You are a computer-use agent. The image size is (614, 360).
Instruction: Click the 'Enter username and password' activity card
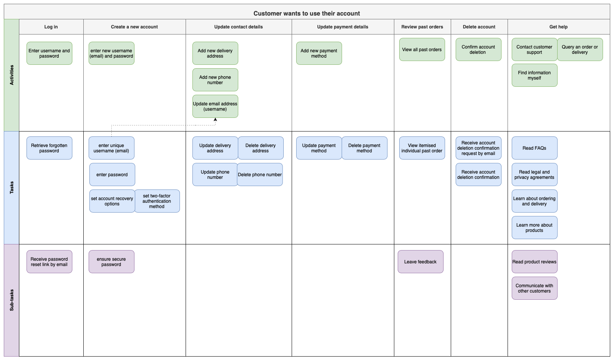click(x=49, y=53)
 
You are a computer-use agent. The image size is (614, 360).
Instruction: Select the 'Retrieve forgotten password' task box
click(x=49, y=148)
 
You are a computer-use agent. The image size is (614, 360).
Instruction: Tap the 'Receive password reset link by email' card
click(x=49, y=262)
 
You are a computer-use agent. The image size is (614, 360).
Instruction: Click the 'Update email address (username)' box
click(x=215, y=106)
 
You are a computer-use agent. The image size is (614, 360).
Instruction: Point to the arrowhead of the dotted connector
click(x=215, y=119)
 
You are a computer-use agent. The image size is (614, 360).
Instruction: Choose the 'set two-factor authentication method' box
click(x=157, y=201)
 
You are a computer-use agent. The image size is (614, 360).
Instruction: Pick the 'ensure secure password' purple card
click(x=111, y=262)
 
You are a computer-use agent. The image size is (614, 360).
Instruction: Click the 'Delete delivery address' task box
click(x=261, y=148)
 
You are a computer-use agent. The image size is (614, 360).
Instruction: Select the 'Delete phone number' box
click(x=260, y=175)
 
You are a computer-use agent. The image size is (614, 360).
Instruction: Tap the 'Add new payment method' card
click(x=319, y=53)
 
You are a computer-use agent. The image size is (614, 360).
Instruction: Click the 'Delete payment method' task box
click(x=364, y=148)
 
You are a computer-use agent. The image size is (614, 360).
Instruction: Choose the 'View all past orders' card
click(x=422, y=50)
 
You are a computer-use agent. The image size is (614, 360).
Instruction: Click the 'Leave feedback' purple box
click(x=420, y=262)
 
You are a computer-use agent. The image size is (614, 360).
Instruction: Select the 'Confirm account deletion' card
click(x=478, y=50)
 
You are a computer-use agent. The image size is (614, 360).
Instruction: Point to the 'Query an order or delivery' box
click(x=580, y=50)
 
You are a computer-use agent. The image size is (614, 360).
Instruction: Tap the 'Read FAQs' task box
click(x=534, y=148)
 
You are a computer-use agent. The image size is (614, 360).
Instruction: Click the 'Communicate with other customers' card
click(x=534, y=288)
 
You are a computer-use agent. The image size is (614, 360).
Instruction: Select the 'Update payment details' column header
click(x=343, y=27)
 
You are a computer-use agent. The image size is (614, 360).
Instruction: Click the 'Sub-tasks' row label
click(x=11, y=300)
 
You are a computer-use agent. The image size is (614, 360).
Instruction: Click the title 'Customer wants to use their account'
click(x=307, y=14)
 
